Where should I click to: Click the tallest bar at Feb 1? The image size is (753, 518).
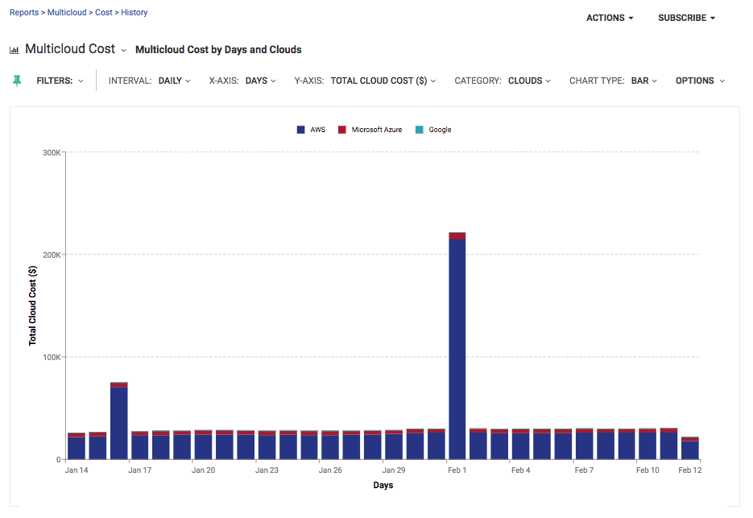point(457,346)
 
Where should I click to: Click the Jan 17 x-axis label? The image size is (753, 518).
point(139,470)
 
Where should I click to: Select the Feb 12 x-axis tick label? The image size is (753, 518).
point(690,470)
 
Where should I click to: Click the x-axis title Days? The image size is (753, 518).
point(383,485)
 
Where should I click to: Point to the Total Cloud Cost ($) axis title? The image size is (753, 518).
point(33,305)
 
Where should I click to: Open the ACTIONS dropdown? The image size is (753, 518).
point(610,18)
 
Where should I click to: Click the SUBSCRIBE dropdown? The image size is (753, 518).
point(686,18)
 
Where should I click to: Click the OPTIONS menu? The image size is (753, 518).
point(700,81)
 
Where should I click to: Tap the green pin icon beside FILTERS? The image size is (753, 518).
point(18,81)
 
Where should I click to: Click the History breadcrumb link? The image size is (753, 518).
point(134,13)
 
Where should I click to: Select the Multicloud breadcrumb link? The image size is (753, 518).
point(68,13)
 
